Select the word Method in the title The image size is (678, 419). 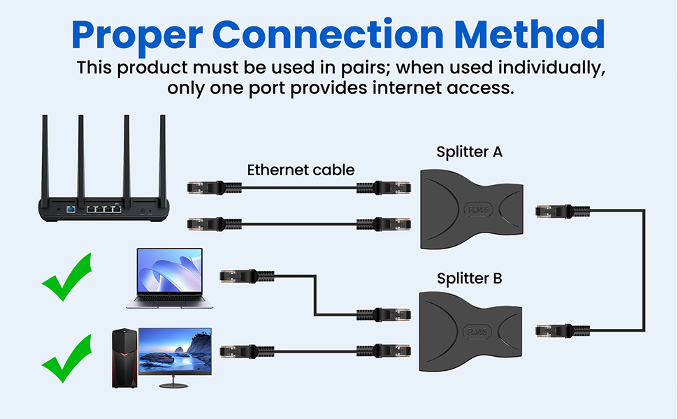tap(529, 34)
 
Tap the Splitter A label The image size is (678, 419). tap(469, 152)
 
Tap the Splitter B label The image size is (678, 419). tap(469, 278)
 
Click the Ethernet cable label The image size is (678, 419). tap(301, 170)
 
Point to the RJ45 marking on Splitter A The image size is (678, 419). tap(478, 210)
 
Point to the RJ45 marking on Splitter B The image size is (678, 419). tap(477, 332)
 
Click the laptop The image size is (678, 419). tap(169, 278)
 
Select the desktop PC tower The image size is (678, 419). tap(124, 358)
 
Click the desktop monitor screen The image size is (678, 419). tap(175, 351)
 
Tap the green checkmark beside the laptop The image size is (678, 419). tap(68, 277)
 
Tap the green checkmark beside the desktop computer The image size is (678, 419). tap(68, 358)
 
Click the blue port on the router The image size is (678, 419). tap(71, 210)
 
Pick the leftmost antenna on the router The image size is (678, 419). tap(45, 161)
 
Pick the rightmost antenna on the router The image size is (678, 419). tap(163, 161)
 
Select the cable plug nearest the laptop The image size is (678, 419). tap(247, 276)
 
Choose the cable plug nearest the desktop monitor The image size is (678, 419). tap(247, 351)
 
